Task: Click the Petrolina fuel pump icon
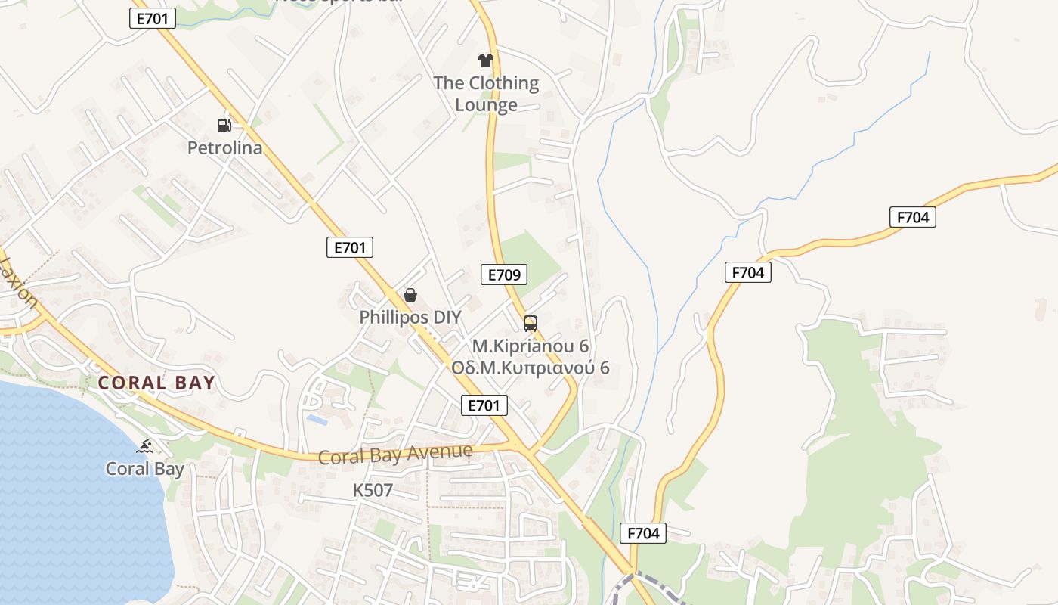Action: [x=224, y=125]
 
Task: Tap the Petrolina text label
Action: [x=225, y=147]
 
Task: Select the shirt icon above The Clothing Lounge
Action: [x=485, y=60]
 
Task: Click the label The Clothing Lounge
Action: [x=486, y=94]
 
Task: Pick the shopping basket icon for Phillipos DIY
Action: [x=410, y=294]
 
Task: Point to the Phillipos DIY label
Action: [x=410, y=317]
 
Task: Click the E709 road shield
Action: [x=504, y=275]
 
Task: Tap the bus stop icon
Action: [x=531, y=324]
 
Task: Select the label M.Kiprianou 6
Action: [x=531, y=346]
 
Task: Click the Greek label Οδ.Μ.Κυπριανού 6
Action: [x=531, y=368]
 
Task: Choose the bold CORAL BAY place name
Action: [x=156, y=383]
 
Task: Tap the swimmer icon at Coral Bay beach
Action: [x=144, y=446]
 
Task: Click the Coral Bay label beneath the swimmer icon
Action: [x=144, y=469]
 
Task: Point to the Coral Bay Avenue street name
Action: [x=395, y=455]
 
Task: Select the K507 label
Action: [x=373, y=490]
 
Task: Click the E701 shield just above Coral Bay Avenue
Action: [x=484, y=405]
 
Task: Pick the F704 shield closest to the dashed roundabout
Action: [x=644, y=533]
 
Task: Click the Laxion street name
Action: [x=18, y=282]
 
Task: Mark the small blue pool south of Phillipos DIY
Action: [x=317, y=419]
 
